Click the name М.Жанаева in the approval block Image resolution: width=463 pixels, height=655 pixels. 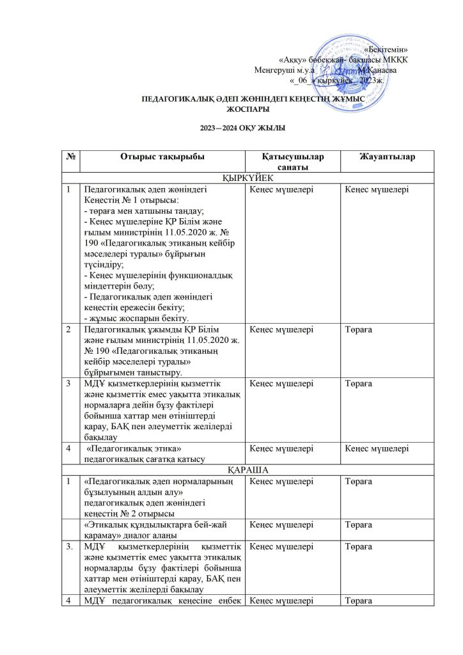378,70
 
